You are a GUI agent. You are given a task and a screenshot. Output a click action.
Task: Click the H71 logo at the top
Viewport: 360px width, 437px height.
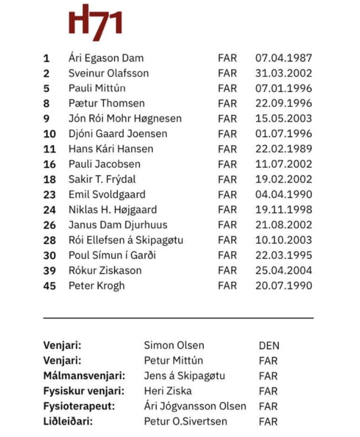coord(95,23)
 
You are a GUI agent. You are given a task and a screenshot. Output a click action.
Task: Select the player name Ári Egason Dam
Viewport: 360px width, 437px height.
coord(106,58)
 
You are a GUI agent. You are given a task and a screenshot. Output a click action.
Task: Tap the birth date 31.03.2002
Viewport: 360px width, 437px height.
coord(283,73)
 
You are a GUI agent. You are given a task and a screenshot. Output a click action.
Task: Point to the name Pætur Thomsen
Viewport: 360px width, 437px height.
coord(107,103)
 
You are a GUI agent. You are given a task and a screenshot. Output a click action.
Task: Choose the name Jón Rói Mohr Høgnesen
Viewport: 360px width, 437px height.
coord(125,118)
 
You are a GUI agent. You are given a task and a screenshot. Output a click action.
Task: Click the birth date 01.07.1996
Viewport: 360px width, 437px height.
coord(283,133)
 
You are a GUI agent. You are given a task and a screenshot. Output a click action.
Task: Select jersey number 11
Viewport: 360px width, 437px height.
coord(49,149)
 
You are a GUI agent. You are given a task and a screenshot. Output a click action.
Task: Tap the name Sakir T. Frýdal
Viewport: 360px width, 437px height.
coord(102,179)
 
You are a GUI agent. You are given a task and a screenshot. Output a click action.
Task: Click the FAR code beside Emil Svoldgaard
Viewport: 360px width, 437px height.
coord(227,195)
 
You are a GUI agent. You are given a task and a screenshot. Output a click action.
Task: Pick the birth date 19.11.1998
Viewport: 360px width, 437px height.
coord(283,210)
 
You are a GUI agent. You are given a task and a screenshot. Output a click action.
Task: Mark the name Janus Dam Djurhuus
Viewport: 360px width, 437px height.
coord(118,225)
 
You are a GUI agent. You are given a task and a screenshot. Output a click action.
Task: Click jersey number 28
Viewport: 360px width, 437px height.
coord(49,240)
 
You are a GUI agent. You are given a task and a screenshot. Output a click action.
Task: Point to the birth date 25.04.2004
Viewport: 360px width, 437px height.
coord(283,270)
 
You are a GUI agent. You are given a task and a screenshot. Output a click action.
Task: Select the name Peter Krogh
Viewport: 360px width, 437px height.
coord(97,286)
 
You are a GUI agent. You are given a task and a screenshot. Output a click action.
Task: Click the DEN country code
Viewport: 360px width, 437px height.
coord(269,345)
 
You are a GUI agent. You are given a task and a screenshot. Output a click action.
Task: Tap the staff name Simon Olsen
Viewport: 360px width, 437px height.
coord(174,345)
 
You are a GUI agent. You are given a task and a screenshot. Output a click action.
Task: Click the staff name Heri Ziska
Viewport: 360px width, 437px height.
coord(167,391)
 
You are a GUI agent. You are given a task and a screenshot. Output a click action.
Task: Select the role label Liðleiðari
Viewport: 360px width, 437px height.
coord(68,421)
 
